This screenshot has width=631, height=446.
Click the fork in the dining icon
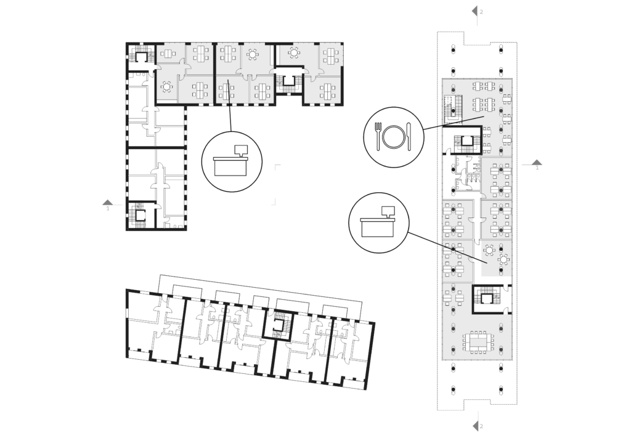378,137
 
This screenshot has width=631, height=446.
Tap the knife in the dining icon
409,137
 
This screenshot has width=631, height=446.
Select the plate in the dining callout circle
393,137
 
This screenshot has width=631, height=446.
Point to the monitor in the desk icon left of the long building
388,211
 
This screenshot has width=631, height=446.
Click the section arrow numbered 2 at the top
475,11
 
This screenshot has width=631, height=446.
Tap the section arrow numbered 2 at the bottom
475,426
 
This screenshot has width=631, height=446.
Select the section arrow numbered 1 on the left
107,202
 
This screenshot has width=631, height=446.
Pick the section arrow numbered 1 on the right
537,163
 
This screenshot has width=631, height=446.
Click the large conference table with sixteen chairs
478,343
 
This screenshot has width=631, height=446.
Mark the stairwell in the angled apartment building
279,324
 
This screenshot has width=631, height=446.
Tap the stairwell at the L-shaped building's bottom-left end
140,216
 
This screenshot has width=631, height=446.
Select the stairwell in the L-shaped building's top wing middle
288,80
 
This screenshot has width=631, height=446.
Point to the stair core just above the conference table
487,299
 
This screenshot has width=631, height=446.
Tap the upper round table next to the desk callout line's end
489,250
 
